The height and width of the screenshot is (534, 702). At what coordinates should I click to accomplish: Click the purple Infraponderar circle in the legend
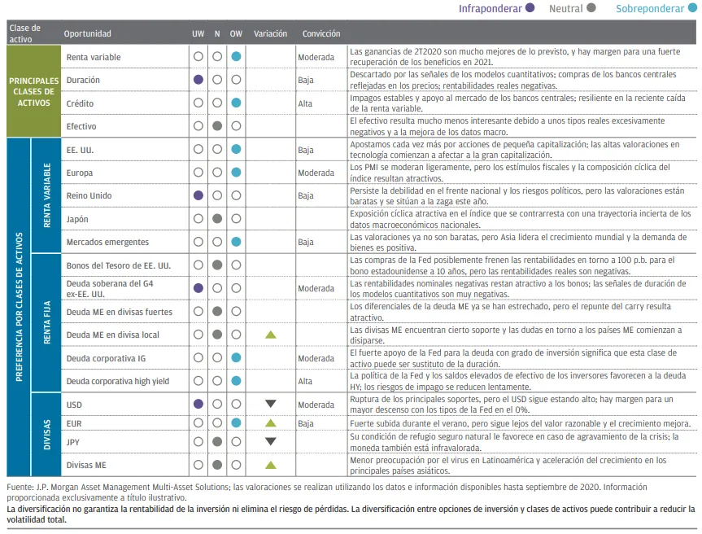530,9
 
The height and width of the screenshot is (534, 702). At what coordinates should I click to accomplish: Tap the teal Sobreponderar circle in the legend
692,9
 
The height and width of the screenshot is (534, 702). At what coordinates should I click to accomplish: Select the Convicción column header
321,34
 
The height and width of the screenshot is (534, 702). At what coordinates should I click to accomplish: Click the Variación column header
270,34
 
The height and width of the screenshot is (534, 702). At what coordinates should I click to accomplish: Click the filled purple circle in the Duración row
198,81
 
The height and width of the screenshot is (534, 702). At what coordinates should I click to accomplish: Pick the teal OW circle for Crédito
236,103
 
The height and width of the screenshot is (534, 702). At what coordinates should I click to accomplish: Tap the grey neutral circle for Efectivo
217,126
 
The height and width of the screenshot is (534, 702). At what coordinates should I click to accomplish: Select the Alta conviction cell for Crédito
305,103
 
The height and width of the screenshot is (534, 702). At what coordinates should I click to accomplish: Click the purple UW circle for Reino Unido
198,196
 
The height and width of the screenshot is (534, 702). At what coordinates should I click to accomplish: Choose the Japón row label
77,219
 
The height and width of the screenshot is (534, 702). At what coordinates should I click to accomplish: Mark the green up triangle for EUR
271,423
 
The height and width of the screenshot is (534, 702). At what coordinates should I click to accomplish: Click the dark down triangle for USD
271,405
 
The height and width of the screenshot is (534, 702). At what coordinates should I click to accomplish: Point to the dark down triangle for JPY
271,442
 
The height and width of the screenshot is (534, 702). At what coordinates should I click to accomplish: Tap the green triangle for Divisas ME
271,465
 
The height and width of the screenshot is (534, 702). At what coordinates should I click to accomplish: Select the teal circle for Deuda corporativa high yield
236,381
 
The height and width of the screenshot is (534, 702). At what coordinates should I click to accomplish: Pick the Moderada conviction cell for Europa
316,173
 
